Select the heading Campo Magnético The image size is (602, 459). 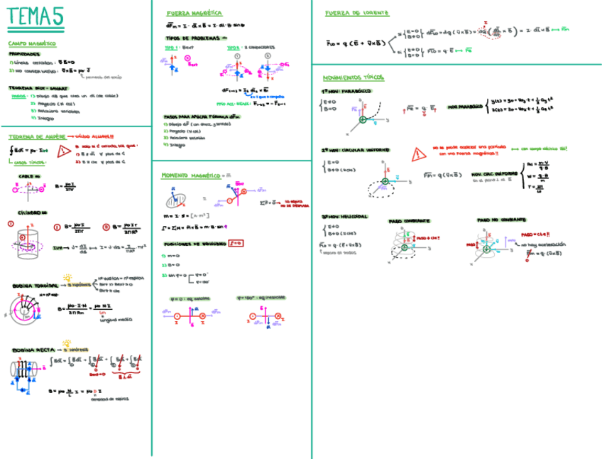pos(28,44)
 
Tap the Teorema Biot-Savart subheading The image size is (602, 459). pos(28,88)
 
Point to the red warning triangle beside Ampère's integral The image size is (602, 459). pos(64,150)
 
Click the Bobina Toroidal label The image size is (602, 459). pos(34,286)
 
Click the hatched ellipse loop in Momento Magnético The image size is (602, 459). pos(178,200)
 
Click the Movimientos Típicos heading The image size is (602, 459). pos(353,77)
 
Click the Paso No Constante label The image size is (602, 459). pos(499,220)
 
